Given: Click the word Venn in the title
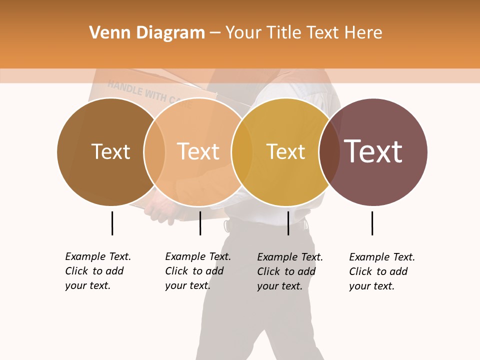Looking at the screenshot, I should coord(106,32).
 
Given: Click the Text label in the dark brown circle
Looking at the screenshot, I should coord(110,151).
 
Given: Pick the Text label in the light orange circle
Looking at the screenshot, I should coord(198,151).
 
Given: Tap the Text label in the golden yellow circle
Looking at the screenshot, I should coord(285,151).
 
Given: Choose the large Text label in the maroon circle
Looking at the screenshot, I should coord(373,151).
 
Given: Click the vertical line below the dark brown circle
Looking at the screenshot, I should coord(112,223).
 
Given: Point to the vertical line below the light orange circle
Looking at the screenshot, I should coord(200,223).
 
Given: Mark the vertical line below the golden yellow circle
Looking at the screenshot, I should coord(288,223).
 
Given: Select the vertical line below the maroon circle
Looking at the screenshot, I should coord(372,223).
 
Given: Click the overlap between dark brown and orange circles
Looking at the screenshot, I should coord(154,151).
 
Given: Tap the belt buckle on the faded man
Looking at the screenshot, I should coord(228,225).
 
